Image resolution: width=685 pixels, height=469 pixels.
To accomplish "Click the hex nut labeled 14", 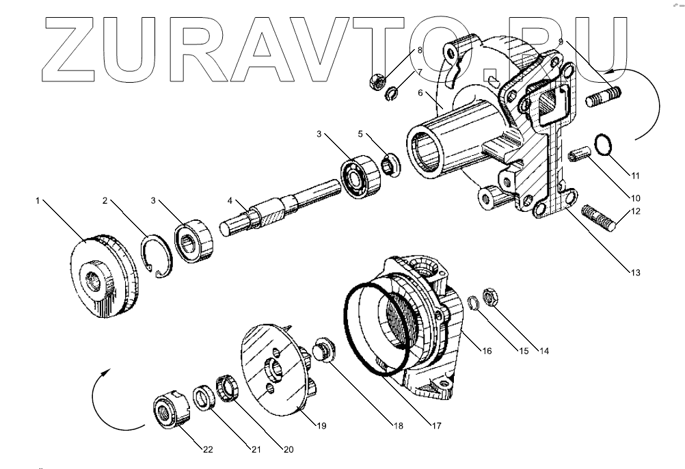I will point(490,297).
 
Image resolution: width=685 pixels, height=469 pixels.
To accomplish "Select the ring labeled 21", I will point(204,399).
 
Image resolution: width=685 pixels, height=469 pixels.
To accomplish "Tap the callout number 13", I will point(635,273).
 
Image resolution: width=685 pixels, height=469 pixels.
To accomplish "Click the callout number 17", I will point(435,425).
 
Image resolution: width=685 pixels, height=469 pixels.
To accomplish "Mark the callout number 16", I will point(486,351).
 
